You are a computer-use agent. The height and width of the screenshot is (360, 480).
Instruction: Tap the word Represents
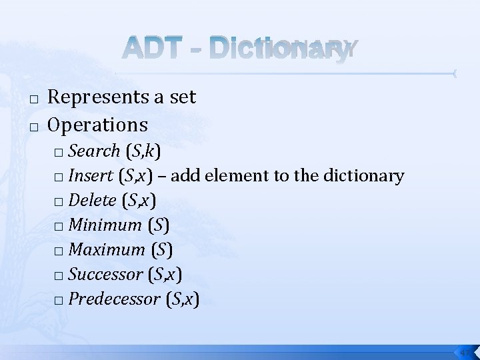pyautogui.click(x=100, y=97)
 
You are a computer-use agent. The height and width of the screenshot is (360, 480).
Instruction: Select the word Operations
pyautogui.click(x=98, y=124)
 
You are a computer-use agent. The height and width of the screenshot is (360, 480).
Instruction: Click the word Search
pyautogui.click(x=94, y=151)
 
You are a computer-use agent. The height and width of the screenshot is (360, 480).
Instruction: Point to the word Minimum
pyautogui.click(x=105, y=225)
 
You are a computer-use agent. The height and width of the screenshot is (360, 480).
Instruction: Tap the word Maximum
pyautogui.click(x=107, y=250)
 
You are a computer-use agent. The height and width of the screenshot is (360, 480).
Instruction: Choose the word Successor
pyautogui.click(x=105, y=274)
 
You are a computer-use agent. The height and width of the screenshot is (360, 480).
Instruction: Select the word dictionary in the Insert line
pyautogui.click(x=363, y=176)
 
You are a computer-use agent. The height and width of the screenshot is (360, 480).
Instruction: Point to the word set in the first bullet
pyautogui.click(x=183, y=97)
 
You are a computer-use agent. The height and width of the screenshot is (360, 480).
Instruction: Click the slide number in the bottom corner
pyautogui.click(x=466, y=351)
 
